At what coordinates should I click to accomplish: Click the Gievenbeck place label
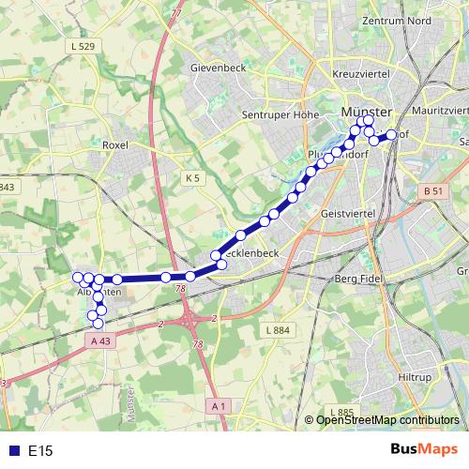216,69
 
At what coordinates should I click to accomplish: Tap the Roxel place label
114,145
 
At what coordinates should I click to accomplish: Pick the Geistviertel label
348,215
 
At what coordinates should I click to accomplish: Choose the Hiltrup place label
414,376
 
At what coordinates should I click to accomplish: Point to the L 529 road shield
83,45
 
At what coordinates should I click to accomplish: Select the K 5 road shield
192,177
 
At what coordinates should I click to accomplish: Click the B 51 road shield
432,191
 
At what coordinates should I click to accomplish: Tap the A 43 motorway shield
101,340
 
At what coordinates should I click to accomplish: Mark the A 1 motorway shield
219,405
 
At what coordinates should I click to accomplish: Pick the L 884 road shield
279,330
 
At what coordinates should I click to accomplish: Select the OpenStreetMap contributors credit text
386,420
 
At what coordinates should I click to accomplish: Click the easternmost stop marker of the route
391,135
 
